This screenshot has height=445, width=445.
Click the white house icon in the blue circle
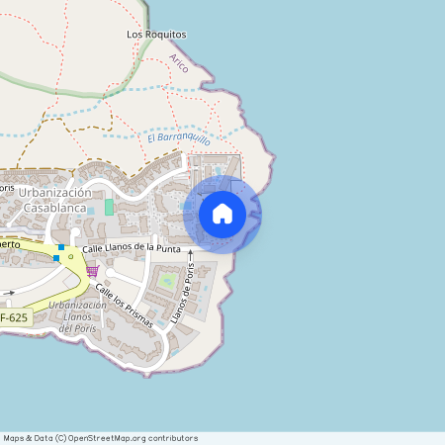[222, 214]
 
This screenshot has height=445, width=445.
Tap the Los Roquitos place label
[156, 34]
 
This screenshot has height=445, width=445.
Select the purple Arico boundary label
[179, 64]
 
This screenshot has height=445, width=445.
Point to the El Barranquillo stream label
[180, 139]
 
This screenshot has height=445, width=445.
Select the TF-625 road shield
[14, 317]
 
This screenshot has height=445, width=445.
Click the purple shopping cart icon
[92, 270]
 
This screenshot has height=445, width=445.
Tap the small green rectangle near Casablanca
[109, 207]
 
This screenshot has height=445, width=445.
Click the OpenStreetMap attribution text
[100, 438]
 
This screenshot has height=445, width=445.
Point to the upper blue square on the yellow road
[61, 246]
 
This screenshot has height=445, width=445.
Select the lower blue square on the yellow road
[56, 258]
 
